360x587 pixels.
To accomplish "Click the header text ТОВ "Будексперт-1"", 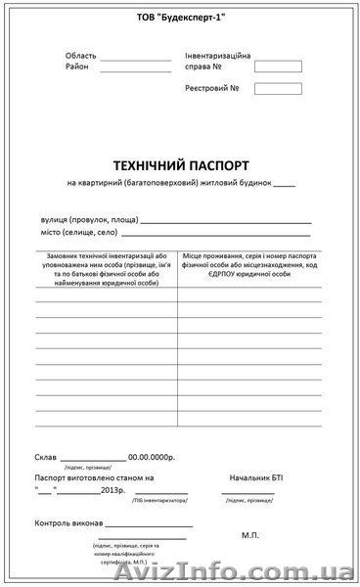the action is [x=179, y=19].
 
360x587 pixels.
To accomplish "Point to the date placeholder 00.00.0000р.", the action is [x=156, y=457].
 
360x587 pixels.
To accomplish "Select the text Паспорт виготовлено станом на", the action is [x=94, y=476].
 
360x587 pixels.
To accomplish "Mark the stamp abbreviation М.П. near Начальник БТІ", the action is [x=249, y=536].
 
